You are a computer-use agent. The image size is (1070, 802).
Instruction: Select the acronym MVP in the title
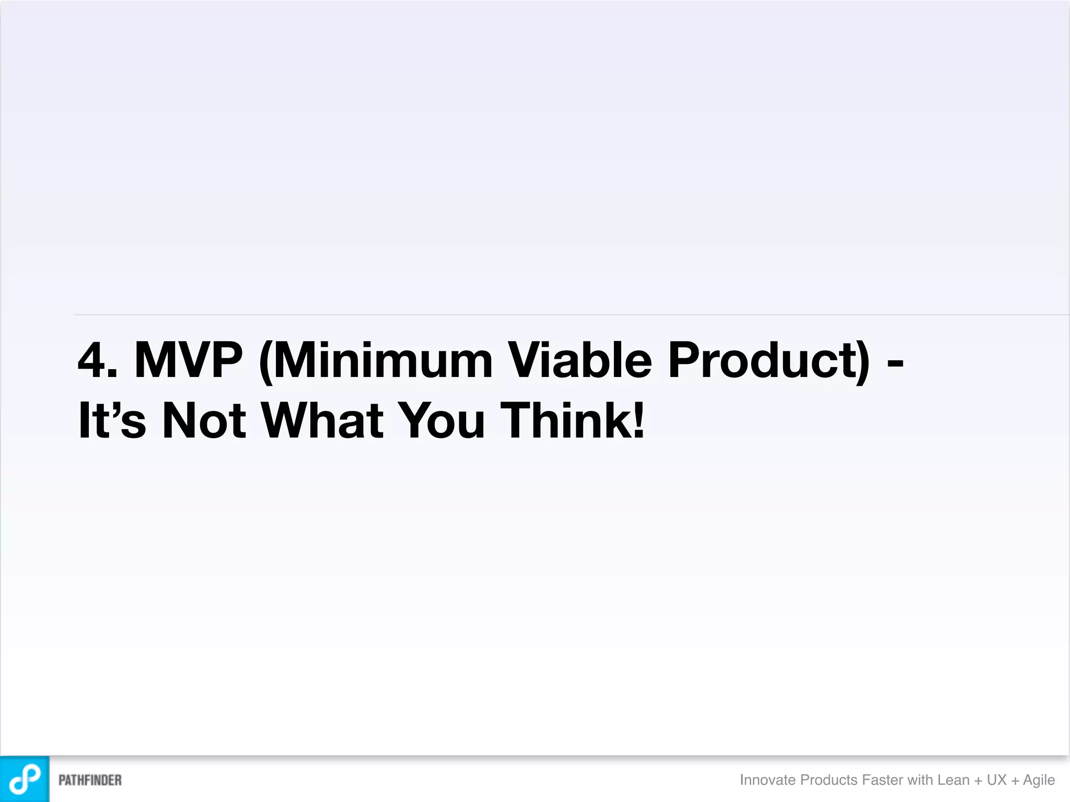[x=189, y=360]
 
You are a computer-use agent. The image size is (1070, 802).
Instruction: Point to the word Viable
[x=580, y=360]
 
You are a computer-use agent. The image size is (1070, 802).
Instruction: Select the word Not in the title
[x=204, y=420]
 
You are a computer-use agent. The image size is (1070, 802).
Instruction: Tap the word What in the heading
[x=322, y=420]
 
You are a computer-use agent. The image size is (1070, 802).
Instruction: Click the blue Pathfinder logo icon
[x=25, y=779]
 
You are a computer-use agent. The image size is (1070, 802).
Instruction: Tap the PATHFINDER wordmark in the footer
[x=90, y=780]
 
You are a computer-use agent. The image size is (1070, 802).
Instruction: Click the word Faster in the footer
[x=882, y=780]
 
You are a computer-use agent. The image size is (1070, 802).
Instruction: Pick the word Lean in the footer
[x=953, y=780]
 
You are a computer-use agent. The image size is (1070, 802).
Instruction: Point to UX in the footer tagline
[x=996, y=780]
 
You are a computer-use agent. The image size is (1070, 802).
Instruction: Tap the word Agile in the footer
[x=1039, y=780]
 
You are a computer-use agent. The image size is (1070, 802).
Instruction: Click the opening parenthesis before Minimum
[x=266, y=361]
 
